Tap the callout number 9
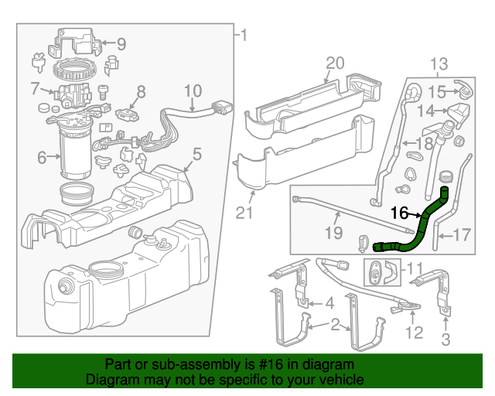121,44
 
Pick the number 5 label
196,155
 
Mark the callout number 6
43,158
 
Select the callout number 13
439,63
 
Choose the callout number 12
415,333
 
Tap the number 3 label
445,339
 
